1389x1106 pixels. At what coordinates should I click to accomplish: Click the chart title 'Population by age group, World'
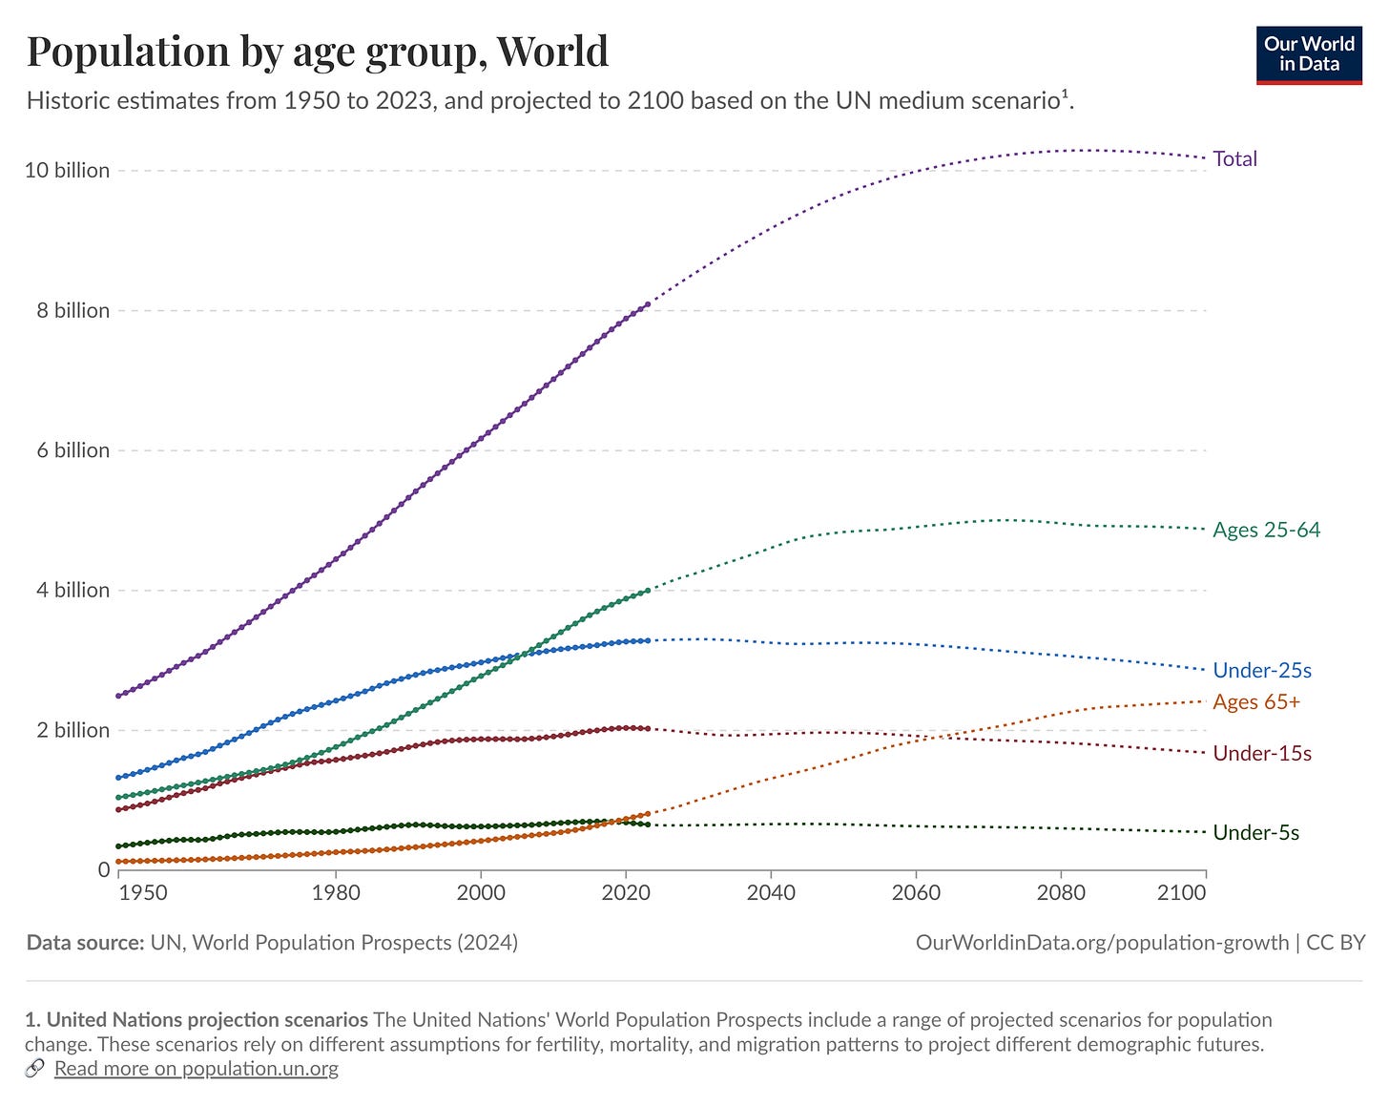317,51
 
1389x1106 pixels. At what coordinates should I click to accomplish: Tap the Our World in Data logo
1309,55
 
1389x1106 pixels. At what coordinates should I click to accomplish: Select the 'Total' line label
1234,158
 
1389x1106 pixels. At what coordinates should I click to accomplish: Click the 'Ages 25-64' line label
1266,530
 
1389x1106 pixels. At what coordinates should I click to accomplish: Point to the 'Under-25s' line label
1261,670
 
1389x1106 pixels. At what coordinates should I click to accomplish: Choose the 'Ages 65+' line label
1256,701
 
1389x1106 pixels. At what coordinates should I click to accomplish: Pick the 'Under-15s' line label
1261,753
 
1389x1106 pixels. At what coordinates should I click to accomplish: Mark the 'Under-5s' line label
1255,832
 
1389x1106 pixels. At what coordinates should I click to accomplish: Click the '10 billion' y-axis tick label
67,170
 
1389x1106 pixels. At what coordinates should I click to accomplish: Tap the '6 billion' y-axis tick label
73,449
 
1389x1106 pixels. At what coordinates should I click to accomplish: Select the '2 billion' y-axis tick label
73,730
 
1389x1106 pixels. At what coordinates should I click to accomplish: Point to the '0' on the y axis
103,869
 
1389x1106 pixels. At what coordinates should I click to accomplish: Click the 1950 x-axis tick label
143,892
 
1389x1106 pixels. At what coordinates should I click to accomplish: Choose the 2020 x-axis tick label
626,892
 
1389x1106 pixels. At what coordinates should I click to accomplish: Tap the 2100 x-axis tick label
1182,892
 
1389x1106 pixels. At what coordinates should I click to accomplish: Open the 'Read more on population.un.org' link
196,1068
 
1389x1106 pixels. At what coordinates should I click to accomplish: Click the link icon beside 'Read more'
34,1068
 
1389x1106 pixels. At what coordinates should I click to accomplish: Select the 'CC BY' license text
1336,942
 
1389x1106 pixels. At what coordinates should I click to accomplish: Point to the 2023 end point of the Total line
648,304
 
